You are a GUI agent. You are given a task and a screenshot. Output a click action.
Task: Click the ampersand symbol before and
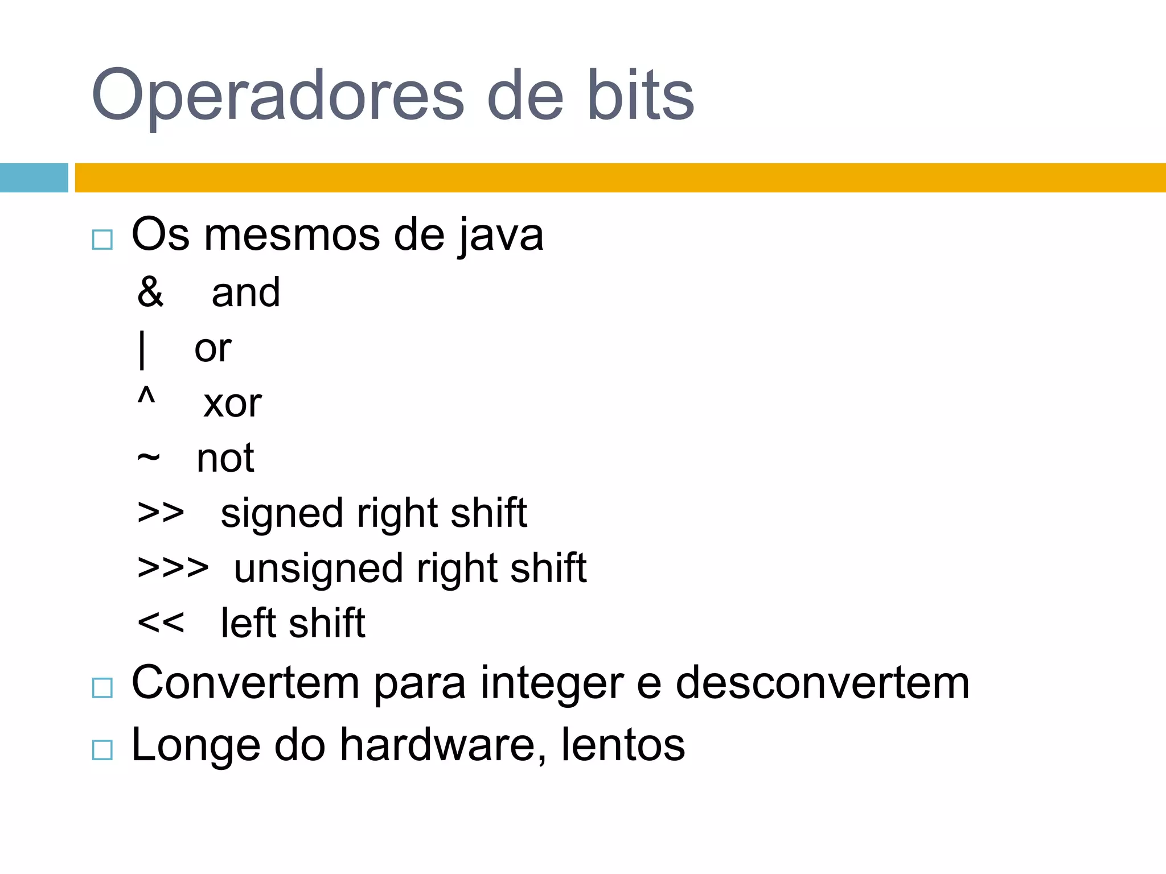tap(150, 292)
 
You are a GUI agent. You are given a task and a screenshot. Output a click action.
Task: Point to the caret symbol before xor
tap(146, 395)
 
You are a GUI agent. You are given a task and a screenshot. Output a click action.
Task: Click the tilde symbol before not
tap(149, 457)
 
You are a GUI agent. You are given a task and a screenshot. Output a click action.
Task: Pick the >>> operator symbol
tap(173, 568)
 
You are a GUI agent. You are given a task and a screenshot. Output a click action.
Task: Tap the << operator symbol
tap(161, 622)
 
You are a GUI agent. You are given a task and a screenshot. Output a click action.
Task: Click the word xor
tap(232, 404)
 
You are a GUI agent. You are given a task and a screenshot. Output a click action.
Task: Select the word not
tap(225, 459)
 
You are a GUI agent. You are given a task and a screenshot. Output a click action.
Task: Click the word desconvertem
tap(822, 683)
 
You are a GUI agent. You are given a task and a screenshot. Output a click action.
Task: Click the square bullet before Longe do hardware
tap(102, 750)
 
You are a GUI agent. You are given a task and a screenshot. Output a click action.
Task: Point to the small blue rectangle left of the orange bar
tap(34, 178)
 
